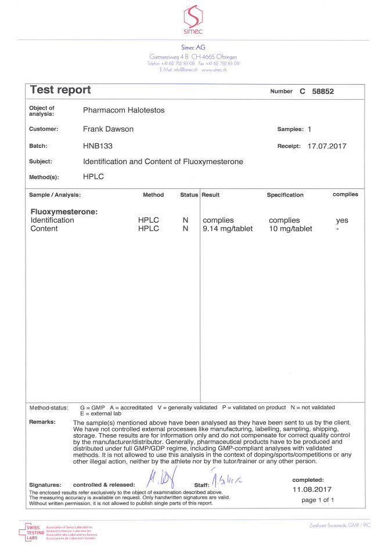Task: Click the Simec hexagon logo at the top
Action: click(192, 16)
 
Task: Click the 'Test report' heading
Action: click(60, 90)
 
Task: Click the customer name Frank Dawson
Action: click(108, 129)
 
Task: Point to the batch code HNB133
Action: click(96, 146)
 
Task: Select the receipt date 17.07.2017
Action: click(326, 146)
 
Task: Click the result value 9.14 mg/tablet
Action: click(228, 228)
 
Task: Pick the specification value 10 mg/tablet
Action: click(290, 228)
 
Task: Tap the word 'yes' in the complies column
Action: click(342, 220)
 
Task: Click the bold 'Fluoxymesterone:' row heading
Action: click(64, 212)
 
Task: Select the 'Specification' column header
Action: click(285, 195)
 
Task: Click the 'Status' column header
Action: click(189, 195)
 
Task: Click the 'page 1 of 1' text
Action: click(318, 500)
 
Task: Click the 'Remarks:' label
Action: click(42, 422)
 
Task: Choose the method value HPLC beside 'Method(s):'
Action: click(93, 177)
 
